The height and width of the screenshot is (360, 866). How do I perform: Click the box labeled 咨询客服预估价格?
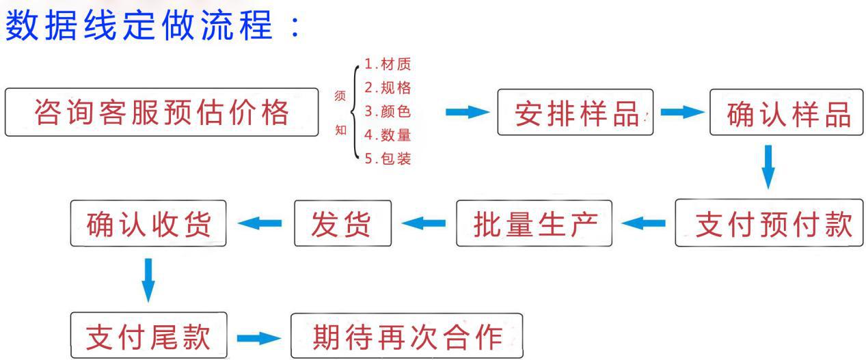tap(161, 112)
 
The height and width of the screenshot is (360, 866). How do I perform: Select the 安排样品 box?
tap(576, 112)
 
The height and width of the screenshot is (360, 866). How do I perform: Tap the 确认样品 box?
tap(786, 112)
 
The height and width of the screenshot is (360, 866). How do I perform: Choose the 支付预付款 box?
tap(769, 223)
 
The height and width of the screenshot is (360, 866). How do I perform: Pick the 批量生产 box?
tap(534, 223)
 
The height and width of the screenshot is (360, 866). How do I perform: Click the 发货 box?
tap(342, 223)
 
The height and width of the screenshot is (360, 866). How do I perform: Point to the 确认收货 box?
tap(148, 223)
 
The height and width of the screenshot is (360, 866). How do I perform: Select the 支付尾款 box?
tap(149, 335)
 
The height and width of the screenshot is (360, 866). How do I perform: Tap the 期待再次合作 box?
tap(407, 335)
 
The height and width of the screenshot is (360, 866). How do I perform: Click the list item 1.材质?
tap(388, 64)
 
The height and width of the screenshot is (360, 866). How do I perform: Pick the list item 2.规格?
tap(388, 87)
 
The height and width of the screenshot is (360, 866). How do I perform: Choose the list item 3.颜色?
tap(388, 111)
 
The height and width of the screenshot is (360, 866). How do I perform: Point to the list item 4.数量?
tap(388, 135)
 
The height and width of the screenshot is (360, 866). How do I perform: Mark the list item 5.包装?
tap(388, 158)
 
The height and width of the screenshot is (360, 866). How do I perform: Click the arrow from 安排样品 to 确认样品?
tap(682, 112)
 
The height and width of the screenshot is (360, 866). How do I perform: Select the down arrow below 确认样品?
tap(768, 167)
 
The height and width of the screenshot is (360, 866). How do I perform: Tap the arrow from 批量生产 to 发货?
tap(424, 223)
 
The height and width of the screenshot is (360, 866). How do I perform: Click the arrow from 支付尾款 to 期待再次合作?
tap(258, 338)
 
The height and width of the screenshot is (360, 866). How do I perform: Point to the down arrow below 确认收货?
tap(148, 280)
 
